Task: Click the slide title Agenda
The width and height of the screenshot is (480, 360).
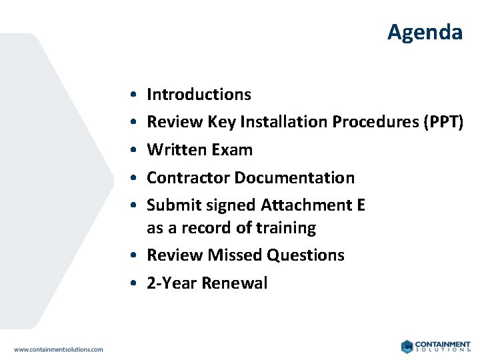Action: [x=425, y=32]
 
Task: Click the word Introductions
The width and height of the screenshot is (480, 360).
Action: [x=199, y=95]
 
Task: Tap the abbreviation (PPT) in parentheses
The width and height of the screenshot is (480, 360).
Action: [x=441, y=122]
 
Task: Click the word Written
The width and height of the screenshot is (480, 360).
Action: [x=177, y=150]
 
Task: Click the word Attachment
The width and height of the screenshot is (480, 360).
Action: [x=306, y=205]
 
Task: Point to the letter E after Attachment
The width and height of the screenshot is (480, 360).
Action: [x=361, y=205]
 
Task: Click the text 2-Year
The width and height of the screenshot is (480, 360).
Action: [x=171, y=283]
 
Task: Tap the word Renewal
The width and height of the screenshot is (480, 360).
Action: [x=234, y=283]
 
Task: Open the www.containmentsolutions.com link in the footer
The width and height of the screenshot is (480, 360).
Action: [x=59, y=349]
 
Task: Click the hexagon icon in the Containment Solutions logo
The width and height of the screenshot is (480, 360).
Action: [x=407, y=347]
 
